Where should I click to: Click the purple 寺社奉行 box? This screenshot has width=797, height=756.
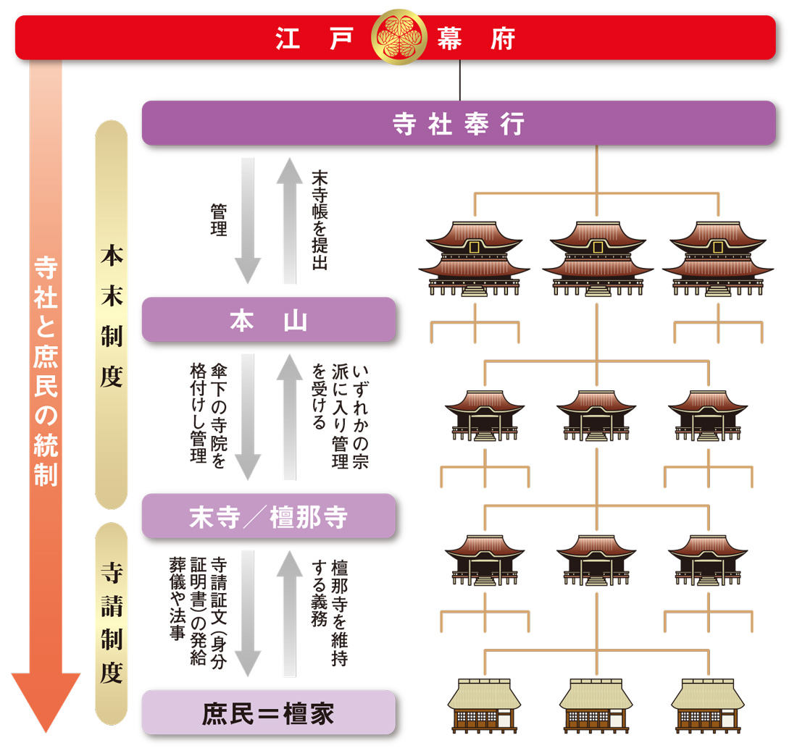458,123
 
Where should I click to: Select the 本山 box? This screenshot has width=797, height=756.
269,319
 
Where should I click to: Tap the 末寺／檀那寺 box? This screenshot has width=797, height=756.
269,516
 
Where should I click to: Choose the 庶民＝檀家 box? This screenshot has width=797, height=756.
269,713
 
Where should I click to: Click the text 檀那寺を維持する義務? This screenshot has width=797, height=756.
329,612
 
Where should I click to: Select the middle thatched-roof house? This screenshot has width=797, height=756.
596,704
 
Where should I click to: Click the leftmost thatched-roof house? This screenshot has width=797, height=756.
484,704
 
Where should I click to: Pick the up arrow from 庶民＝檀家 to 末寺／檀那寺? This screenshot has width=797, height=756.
289,612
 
